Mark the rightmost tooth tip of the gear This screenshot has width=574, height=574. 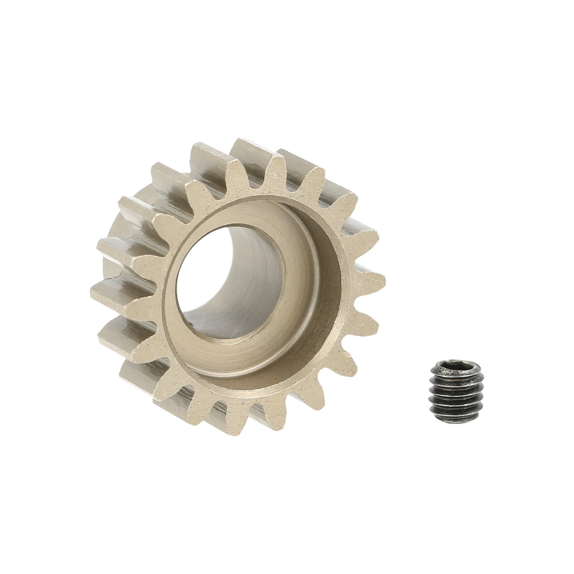[x=381, y=280]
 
